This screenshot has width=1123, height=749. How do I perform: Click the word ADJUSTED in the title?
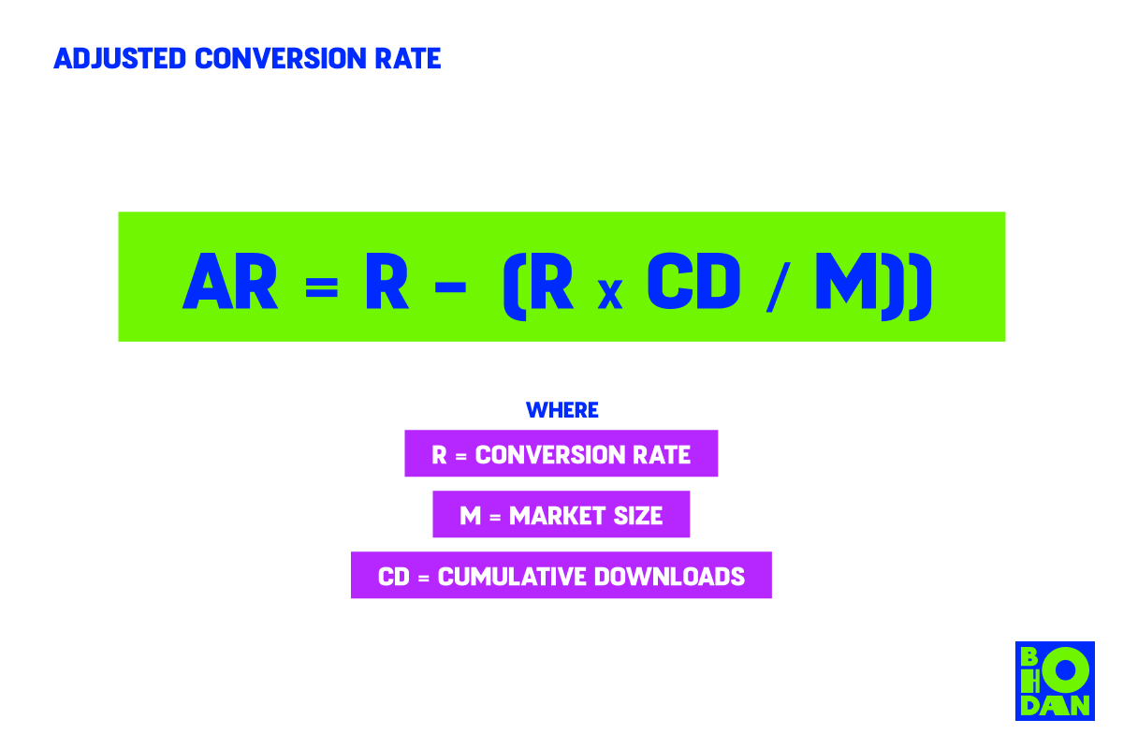120,58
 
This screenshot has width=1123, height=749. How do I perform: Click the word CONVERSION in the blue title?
281,58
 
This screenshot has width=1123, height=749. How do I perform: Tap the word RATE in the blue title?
408,58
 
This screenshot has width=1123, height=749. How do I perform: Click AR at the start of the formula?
230,281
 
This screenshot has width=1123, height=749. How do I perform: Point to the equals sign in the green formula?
321,287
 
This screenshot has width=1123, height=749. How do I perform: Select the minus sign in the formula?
451,287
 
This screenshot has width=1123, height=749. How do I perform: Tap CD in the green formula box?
693,281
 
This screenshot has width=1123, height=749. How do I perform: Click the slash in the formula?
778,286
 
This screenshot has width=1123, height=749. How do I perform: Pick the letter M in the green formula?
846,281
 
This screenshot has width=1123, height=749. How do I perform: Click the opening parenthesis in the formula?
515,286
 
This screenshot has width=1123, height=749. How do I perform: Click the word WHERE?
562,410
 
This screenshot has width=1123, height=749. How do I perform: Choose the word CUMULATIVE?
512,577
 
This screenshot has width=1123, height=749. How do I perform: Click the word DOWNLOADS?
669,577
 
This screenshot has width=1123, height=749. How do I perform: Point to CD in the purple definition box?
394,577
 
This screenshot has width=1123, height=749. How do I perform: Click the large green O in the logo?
1065,670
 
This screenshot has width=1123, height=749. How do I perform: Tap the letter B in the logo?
1028,656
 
